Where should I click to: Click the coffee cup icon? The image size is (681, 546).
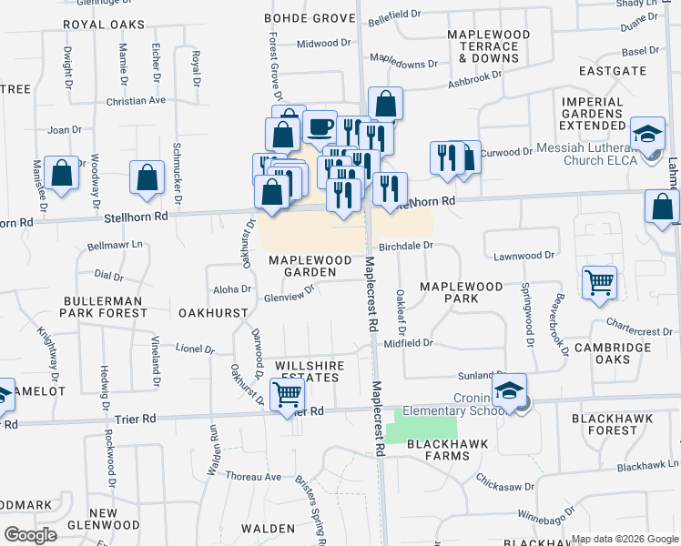click(x=320, y=127)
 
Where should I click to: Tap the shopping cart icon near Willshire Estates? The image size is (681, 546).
click(x=288, y=395)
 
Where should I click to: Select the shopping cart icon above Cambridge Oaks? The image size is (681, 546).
click(x=600, y=282)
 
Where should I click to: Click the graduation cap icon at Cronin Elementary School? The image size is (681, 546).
click(x=510, y=391)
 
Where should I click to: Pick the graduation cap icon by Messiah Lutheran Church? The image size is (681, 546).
click(x=648, y=135)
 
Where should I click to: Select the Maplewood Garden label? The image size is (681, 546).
click(x=310, y=266)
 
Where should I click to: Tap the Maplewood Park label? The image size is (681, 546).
click(x=461, y=292)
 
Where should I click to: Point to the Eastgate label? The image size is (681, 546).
click(x=612, y=70)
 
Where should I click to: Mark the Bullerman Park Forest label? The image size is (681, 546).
click(x=104, y=307)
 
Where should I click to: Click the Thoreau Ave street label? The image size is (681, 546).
click(x=253, y=476)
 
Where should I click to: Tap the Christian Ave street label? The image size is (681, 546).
click(x=136, y=101)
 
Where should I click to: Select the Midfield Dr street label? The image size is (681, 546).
click(x=408, y=343)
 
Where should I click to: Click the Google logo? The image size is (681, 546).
click(x=31, y=535)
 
